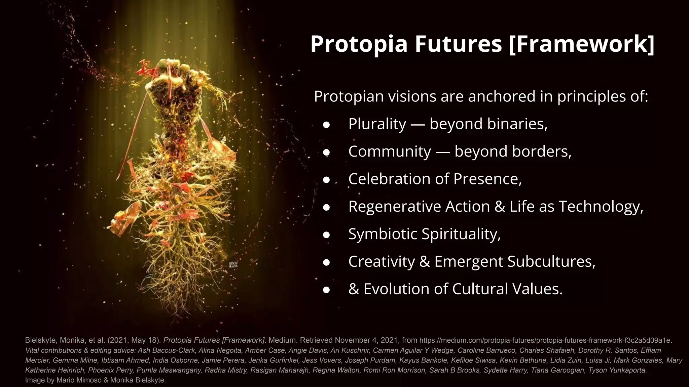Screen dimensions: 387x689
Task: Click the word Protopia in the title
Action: click(x=359, y=44)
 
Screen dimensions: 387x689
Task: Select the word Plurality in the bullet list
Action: click(x=377, y=124)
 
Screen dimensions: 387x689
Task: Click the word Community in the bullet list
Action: click(x=390, y=152)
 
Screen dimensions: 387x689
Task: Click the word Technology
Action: click(x=601, y=207)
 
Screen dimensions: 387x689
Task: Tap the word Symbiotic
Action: click(x=383, y=234)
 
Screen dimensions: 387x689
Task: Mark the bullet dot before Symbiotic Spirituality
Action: click(x=326, y=235)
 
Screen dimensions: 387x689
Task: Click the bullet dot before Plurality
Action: click(x=326, y=125)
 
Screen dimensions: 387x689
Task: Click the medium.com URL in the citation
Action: click(x=545, y=340)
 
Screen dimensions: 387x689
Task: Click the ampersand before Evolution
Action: click(x=354, y=289)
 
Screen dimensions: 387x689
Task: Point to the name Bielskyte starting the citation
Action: click(x=40, y=340)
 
